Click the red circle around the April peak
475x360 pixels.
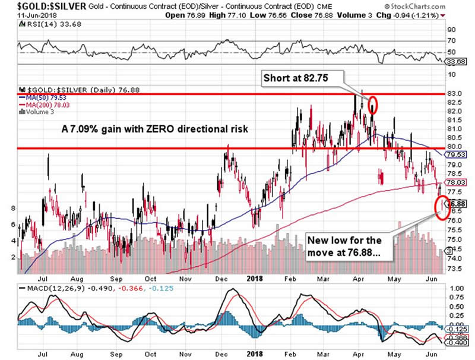[373, 105]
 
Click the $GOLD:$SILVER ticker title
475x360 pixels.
[42, 5]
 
